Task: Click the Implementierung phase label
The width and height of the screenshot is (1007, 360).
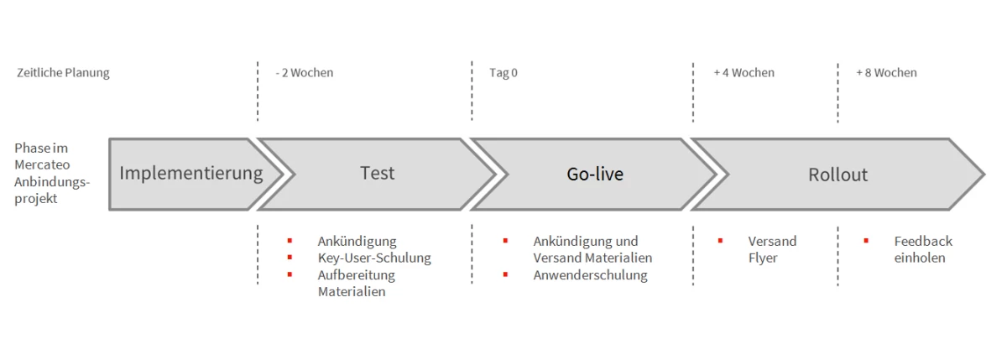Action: point(191,174)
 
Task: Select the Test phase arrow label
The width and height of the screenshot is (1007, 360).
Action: point(377,173)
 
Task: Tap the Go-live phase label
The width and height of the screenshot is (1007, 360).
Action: point(595,174)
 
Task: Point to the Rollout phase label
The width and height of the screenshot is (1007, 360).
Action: point(838,175)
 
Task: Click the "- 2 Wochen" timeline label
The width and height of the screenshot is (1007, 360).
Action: point(305,73)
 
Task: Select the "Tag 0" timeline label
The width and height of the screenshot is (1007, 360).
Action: point(503,73)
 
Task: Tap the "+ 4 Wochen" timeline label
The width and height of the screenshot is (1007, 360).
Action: point(744,73)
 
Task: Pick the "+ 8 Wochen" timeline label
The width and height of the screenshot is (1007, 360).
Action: point(886,73)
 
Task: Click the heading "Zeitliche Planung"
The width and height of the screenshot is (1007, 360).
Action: point(63,73)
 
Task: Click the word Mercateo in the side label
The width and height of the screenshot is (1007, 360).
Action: point(42,165)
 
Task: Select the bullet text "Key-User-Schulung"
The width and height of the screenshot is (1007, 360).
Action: point(374,258)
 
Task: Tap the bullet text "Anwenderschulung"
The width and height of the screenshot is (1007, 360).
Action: point(590,275)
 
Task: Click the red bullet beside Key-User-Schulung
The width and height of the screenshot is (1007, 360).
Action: point(290,258)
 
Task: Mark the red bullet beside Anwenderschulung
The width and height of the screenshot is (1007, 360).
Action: point(505,274)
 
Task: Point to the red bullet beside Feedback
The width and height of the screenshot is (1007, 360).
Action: point(866,241)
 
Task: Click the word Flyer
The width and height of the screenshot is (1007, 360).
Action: point(763,258)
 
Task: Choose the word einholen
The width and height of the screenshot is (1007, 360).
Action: point(920,258)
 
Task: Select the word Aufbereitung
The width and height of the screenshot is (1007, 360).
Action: point(357,275)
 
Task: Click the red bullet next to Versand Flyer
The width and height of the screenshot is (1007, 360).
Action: point(720,241)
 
